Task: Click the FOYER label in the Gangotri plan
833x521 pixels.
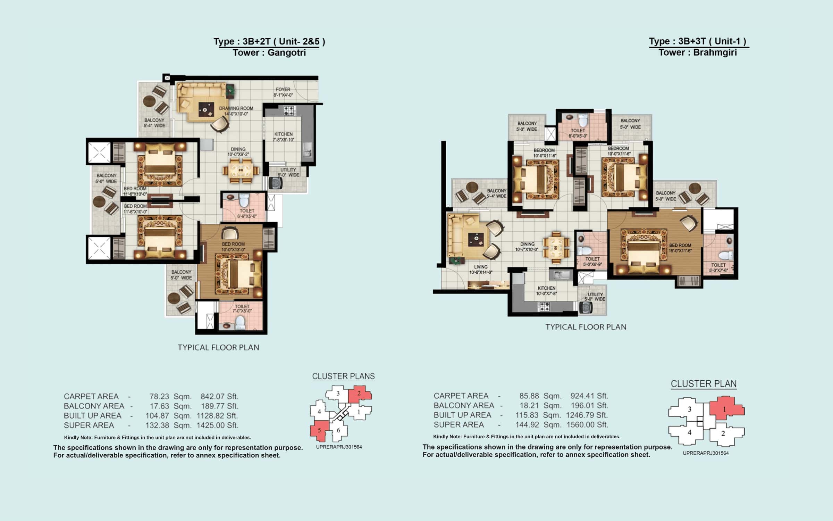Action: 283,92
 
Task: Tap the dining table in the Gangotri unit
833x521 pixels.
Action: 241,171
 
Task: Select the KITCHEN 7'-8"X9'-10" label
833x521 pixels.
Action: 283,137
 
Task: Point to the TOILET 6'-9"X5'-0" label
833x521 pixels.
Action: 247,213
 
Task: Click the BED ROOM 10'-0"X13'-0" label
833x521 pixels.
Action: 233,247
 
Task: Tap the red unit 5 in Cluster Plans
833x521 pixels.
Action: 319,430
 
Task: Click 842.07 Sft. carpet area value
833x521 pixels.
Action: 219,396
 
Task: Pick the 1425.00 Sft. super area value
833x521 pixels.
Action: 217,425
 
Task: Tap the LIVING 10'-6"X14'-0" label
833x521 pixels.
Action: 481,270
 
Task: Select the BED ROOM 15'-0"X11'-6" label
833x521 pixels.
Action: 680,248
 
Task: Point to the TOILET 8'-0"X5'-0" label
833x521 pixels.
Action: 578,133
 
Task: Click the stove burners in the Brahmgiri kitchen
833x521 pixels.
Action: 544,306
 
